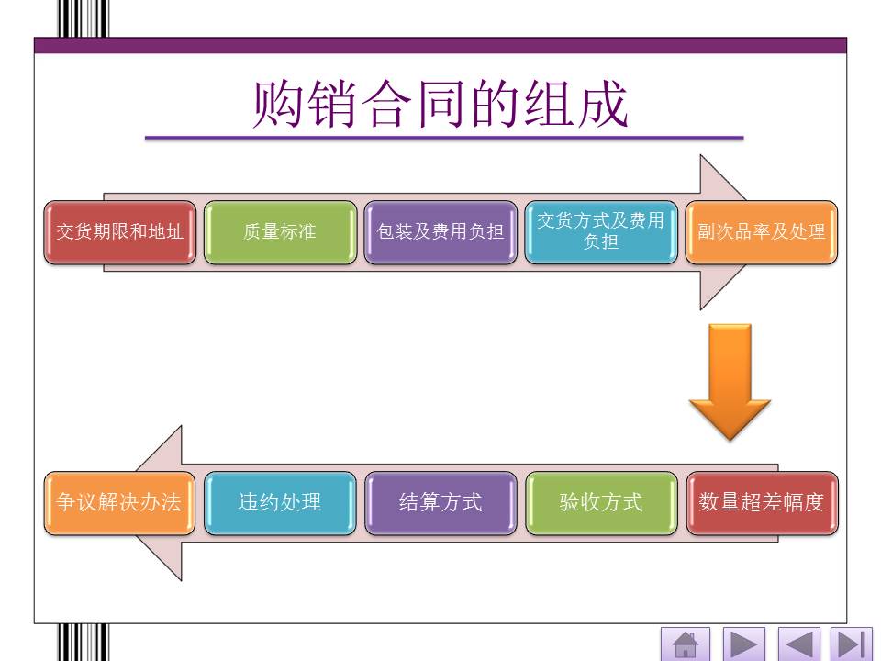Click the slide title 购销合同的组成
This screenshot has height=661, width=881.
pyautogui.click(x=441, y=104)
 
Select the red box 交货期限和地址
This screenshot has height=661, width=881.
pyautogui.click(x=120, y=232)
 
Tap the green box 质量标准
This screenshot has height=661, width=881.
pyautogui.click(x=280, y=232)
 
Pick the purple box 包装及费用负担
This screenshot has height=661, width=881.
pyautogui.click(x=440, y=232)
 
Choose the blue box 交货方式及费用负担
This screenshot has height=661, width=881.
pyautogui.click(x=601, y=232)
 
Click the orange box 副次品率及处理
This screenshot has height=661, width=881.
pyautogui.click(x=762, y=232)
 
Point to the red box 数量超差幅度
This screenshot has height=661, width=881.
pyautogui.click(x=762, y=503)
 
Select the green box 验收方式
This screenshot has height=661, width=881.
pyautogui.click(x=601, y=503)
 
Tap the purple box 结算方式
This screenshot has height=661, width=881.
pyautogui.click(x=440, y=503)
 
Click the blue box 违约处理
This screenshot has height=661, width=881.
pyautogui.click(x=280, y=503)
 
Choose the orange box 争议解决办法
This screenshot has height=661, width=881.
pyautogui.click(x=120, y=503)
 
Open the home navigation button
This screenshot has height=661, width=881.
pyautogui.click(x=686, y=644)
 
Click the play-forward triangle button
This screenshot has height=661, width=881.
pyautogui.click(x=743, y=644)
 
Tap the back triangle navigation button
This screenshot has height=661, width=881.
pyautogui.click(x=798, y=644)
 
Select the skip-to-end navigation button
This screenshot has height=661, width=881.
pyautogui.click(x=851, y=644)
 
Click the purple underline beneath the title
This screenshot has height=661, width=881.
pyautogui.click(x=443, y=138)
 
